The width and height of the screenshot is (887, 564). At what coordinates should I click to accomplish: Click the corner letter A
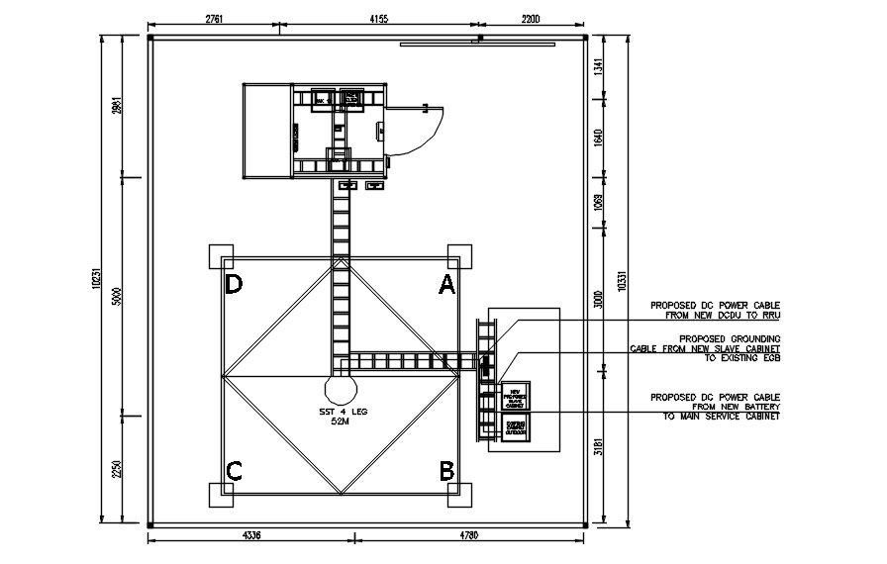(446, 285)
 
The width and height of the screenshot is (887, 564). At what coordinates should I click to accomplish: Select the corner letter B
(446, 470)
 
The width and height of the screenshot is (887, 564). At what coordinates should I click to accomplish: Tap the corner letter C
(234, 470)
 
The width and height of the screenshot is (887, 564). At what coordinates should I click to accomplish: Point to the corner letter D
(234, 285)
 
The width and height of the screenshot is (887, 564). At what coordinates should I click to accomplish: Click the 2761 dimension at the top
(219, 19)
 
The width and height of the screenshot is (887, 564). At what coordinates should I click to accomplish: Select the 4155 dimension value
(384, 19)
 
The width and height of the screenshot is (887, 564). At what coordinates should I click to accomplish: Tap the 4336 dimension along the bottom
(250, 536)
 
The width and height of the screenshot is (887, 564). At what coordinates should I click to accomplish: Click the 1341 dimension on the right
(597, 68)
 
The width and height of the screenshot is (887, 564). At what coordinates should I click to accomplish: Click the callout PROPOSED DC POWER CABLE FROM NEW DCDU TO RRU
(715, 310)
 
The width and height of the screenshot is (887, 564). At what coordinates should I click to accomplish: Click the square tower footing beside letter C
(216, 494)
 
